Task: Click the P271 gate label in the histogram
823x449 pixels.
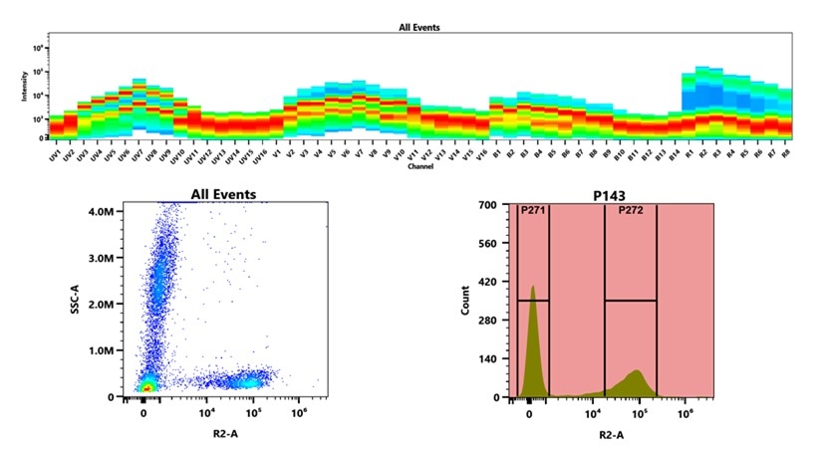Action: [533, 211]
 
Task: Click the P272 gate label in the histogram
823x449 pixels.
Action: [631, 211]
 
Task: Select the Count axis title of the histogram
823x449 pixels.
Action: [465, 301]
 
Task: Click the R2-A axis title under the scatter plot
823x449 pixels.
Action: [223, 434]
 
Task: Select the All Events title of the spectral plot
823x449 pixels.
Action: [412, 29]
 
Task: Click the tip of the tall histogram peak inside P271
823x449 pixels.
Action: [533, 288]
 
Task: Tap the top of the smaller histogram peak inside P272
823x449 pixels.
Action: [636, 371]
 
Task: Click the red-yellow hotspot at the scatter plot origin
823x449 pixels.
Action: [145, 386]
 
